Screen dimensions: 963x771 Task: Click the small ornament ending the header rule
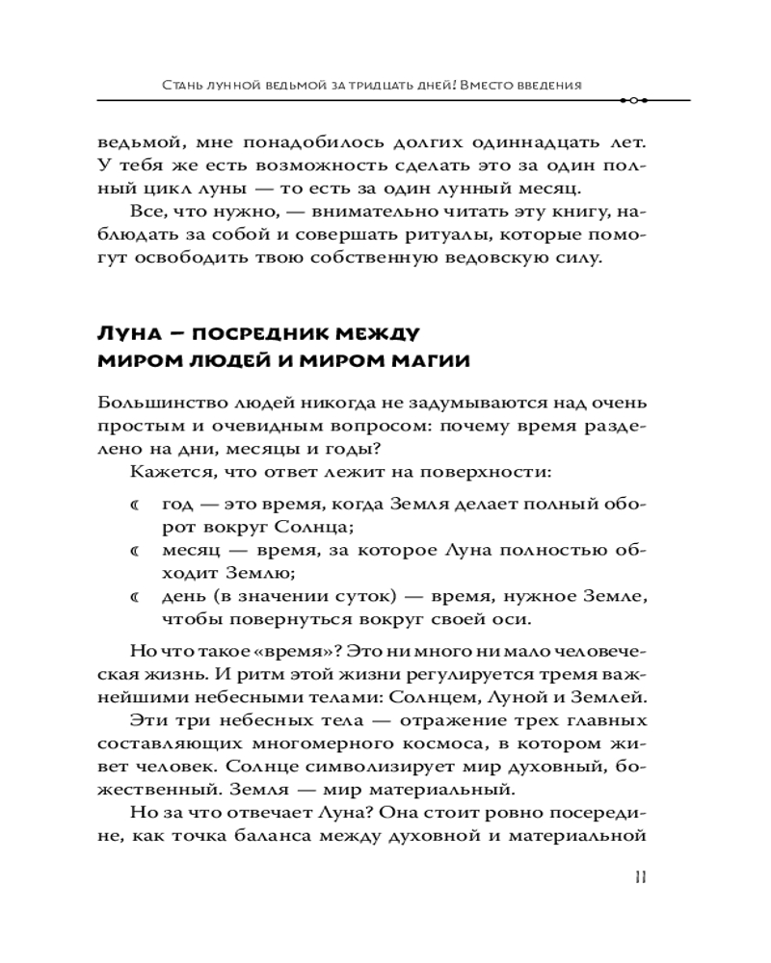click(635, 100)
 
